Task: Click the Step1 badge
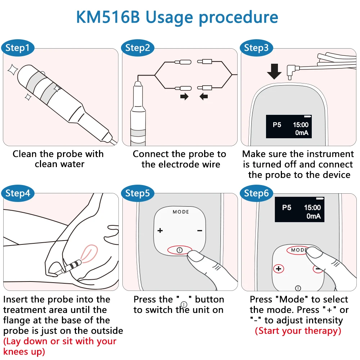pyautogui.click(x=18, y=48)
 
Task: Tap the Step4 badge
pyautogui.click(x=18, y=193)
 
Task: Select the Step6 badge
pyautogui.click(x=256, y=193)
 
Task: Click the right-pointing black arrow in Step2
pyautogui.click(x=184, y=96)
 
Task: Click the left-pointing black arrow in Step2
pyautogui.click(x=204, y=96)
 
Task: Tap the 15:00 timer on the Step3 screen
pyautogui.click(x=301, y=125)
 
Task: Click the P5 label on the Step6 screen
pyautogui.click(x=287, y=208)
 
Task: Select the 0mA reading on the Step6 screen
pyautogui.click(x=313, y=216)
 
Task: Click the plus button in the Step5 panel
pyautogui.click(x=160, y=230)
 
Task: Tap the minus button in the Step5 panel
pyautogui.click(x=200, y=230)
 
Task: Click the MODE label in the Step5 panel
pyautogui.click(x=181, y=212)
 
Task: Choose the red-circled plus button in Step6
pyautogui.click(x=278, y=269)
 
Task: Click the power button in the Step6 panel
pyautogui.click(x=298, y=288)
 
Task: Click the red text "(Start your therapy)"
pyautogui.click(x=298, y=330)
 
